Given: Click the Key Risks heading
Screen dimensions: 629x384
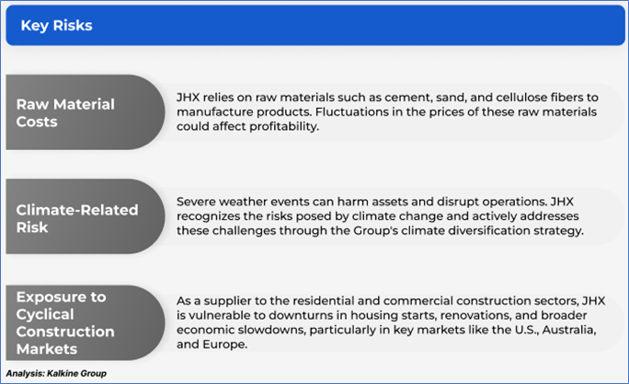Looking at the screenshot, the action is [x=57, y=25].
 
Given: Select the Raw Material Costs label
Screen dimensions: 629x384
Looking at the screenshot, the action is [x=65, y=113].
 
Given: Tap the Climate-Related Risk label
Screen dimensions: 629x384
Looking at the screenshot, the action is [x=77, y=218].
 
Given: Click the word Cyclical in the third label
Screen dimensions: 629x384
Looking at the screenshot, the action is [x=45, y=315].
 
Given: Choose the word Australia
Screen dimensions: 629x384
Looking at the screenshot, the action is [x=570, y=330].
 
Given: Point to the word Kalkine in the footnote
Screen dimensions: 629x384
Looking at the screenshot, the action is [x=63, y=374].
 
